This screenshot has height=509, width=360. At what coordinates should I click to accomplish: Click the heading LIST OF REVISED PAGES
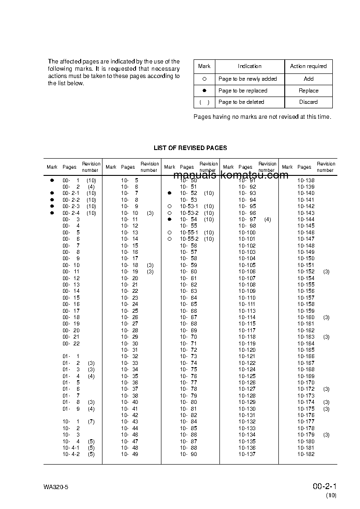190,148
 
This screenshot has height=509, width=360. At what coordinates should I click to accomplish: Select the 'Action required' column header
308,66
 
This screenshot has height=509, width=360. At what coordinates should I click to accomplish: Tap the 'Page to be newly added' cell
247,79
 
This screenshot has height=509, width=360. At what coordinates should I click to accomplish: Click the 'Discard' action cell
308,102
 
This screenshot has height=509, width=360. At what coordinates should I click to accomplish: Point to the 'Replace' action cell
308,91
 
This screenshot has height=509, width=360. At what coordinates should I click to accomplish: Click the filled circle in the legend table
204,91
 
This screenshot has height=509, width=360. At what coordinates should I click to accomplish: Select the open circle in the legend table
204,79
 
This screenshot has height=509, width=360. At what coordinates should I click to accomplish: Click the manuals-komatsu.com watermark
231,175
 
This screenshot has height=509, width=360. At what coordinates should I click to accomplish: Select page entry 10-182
306,454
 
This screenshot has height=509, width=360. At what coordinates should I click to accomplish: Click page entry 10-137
247,454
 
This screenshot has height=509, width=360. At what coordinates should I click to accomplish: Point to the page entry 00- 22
71,344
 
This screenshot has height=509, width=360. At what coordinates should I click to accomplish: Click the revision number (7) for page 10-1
91,422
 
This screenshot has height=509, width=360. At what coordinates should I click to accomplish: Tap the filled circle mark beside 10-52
170,193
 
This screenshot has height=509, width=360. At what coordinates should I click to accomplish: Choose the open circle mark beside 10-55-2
170,239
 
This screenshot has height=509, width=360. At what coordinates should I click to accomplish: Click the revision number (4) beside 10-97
268,219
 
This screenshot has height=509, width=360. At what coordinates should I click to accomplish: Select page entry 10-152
306,271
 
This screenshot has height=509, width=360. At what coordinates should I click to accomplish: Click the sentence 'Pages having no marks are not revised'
262,117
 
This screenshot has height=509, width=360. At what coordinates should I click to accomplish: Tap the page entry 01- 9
71,409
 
